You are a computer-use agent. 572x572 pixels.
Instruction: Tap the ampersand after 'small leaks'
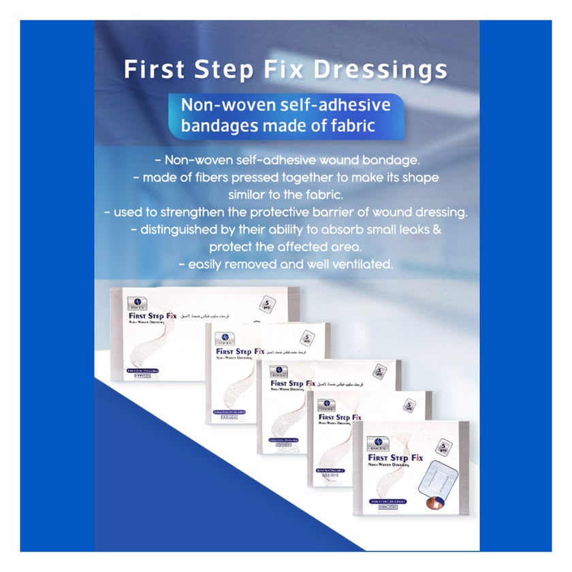[436, 229]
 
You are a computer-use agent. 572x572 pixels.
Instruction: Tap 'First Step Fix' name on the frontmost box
[394, 459]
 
